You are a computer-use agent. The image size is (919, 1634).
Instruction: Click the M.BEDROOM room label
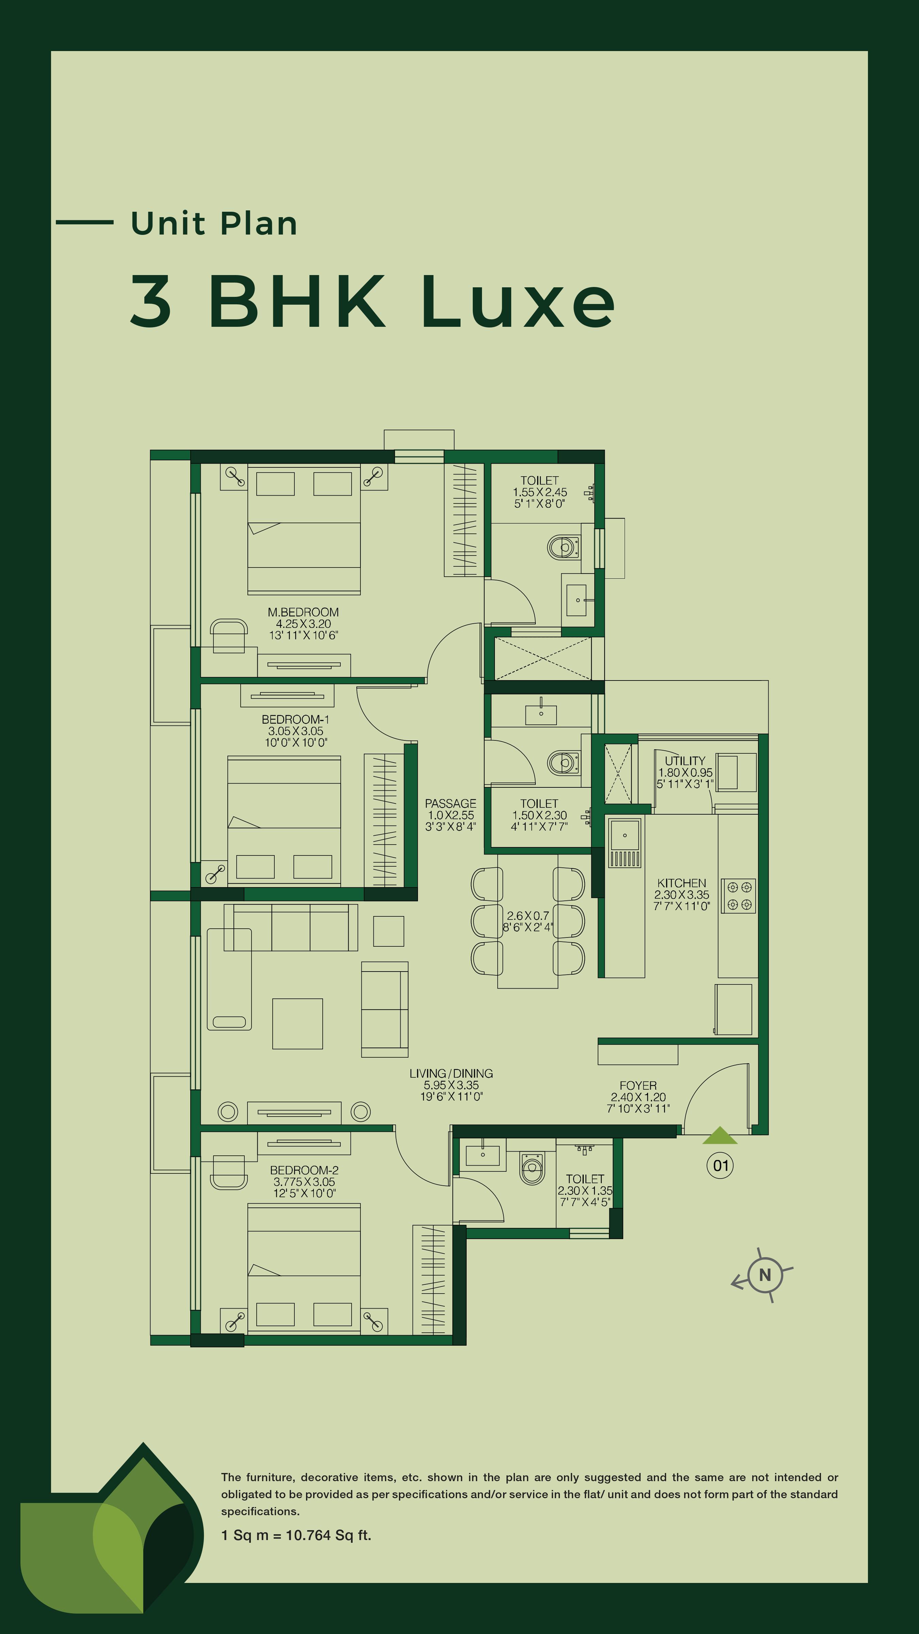(303, 612)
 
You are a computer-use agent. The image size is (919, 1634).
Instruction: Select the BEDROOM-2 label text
(304, 1170)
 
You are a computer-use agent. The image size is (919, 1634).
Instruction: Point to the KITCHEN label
(682, 883)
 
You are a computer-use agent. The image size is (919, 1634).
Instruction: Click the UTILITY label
(685, 760)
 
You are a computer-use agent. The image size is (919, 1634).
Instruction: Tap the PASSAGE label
(450, 804)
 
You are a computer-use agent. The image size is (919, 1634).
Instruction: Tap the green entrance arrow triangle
(720, 1135)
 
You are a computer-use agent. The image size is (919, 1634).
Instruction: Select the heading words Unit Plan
(214, 223)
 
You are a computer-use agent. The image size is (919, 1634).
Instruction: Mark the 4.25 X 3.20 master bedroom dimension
(303, 624)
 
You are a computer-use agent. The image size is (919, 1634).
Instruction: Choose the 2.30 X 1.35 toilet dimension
(585, 1191)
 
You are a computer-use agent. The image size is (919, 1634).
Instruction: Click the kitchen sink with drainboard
(625, 843)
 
